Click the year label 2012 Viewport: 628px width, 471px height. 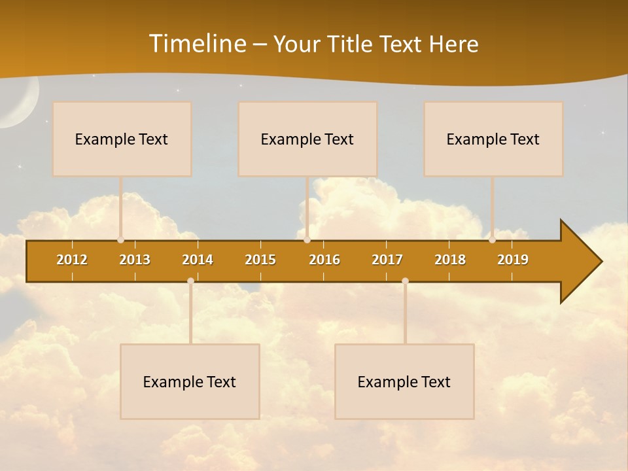72,260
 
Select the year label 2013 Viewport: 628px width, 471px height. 135,260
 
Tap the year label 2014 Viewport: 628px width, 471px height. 198,260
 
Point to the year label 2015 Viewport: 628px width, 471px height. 260,260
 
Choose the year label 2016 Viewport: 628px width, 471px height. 324,260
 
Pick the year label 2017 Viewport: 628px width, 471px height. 387,260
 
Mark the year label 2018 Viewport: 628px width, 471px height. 450,260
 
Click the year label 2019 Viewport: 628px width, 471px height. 513,260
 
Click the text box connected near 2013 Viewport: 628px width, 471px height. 122,139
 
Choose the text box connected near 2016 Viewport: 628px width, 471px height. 307,139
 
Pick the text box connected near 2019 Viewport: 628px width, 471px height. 493,139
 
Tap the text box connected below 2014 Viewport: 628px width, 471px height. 190,381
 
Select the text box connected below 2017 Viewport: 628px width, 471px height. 404,381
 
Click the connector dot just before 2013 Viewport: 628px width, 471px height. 121,240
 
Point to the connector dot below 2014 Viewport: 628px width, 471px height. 190,281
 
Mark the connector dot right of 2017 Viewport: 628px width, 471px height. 405,281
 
